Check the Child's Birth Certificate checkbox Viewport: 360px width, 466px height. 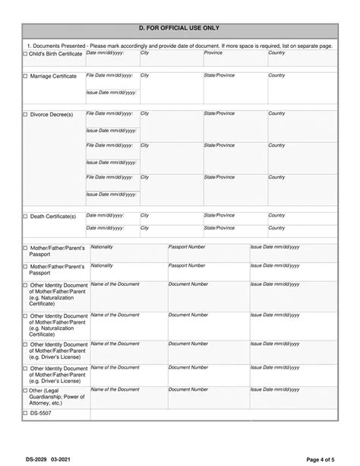[24, 54]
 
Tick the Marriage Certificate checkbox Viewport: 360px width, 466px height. [24, 77]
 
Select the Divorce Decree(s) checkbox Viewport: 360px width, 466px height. [24, 114]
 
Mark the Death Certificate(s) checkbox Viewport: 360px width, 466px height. [24, 216]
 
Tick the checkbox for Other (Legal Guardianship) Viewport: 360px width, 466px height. [24, 390]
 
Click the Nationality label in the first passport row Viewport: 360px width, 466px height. [102, 247]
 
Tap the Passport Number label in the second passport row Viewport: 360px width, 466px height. [187, 265]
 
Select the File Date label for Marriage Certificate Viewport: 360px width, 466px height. [111, 75]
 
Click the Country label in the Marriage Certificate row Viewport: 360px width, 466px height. [276, 75]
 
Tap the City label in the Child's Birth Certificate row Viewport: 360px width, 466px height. [145, 52]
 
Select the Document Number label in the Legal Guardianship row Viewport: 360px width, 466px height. [188, 389]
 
